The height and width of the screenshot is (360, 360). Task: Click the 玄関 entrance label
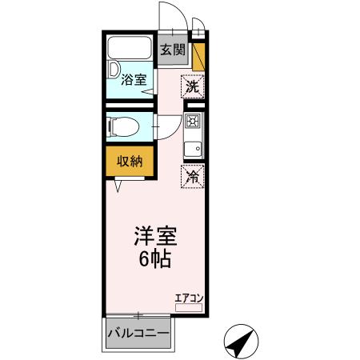tap(172, 50)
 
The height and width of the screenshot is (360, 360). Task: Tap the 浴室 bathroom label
tap(134, 79)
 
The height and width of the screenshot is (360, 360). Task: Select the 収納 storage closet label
tap(130, 161)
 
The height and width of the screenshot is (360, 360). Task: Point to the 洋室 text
tap(154, 237)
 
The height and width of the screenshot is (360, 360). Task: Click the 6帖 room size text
tap(154, 260)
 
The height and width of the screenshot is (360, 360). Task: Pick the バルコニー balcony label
tap(138, 333)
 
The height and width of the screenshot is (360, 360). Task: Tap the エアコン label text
tap(189, 298)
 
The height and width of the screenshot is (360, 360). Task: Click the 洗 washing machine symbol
tap(192, 86)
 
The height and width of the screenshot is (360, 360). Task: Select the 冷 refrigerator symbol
tap(193, 177)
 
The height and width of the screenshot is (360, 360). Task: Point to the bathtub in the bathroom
tap(131, 50)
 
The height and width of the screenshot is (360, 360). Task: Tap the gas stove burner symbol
tap(193, 122)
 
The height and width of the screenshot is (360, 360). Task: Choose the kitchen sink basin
tap(193, 149)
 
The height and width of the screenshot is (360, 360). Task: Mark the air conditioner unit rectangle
tap(189, 307)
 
